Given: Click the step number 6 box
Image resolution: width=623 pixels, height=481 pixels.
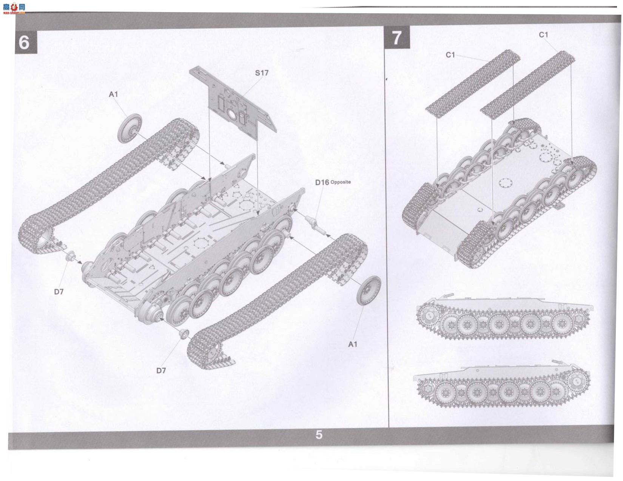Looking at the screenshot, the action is (x=26, y=42).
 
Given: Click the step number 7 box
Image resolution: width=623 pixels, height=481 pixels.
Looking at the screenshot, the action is (x=397, y=37).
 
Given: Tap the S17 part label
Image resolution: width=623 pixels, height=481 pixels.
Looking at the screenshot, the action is (x=261, y=73).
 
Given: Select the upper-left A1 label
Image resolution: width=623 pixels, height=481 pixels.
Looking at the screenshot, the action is (x=113, y=94).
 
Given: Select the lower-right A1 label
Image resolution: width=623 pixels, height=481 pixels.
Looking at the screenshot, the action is (x=353, y=344).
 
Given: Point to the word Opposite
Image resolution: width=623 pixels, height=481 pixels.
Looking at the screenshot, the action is (x=341, y=182).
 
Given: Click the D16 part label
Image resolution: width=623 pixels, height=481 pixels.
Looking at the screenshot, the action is (x=322, y=183).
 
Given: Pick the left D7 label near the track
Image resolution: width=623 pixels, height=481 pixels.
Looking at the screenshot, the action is (x=59, y=292).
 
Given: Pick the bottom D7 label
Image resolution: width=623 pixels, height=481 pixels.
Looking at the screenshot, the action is (x=161, y=370).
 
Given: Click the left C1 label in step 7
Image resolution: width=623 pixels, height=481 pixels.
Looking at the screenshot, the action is (x=450, y=55).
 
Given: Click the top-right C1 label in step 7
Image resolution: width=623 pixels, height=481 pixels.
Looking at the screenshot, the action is (x=543, y=35).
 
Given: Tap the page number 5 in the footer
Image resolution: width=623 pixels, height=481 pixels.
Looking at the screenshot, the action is (x=319, y=435).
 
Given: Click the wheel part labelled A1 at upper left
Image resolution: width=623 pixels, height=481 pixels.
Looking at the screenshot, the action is (x=130, y=128).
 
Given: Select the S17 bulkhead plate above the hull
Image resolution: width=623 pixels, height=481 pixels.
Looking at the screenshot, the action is (x=233, y=99).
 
